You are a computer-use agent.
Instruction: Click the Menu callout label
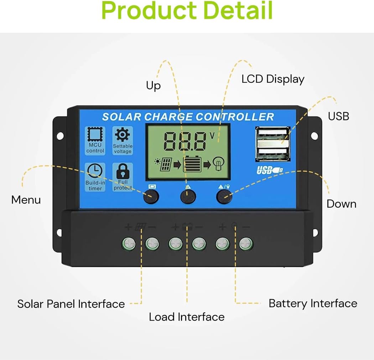coord(26,200)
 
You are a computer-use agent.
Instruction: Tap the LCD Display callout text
coord(273,79)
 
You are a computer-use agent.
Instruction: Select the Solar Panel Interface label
coord(71,304)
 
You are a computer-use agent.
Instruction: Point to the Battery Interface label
coord(313,303)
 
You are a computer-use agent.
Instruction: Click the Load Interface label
coord(187,317)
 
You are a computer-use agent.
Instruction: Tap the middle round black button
coord(188,196)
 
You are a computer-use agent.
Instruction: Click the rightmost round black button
coord(224,196)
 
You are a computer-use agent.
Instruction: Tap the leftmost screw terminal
coord(129,244)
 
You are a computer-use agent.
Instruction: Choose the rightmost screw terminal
coord(246,244)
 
